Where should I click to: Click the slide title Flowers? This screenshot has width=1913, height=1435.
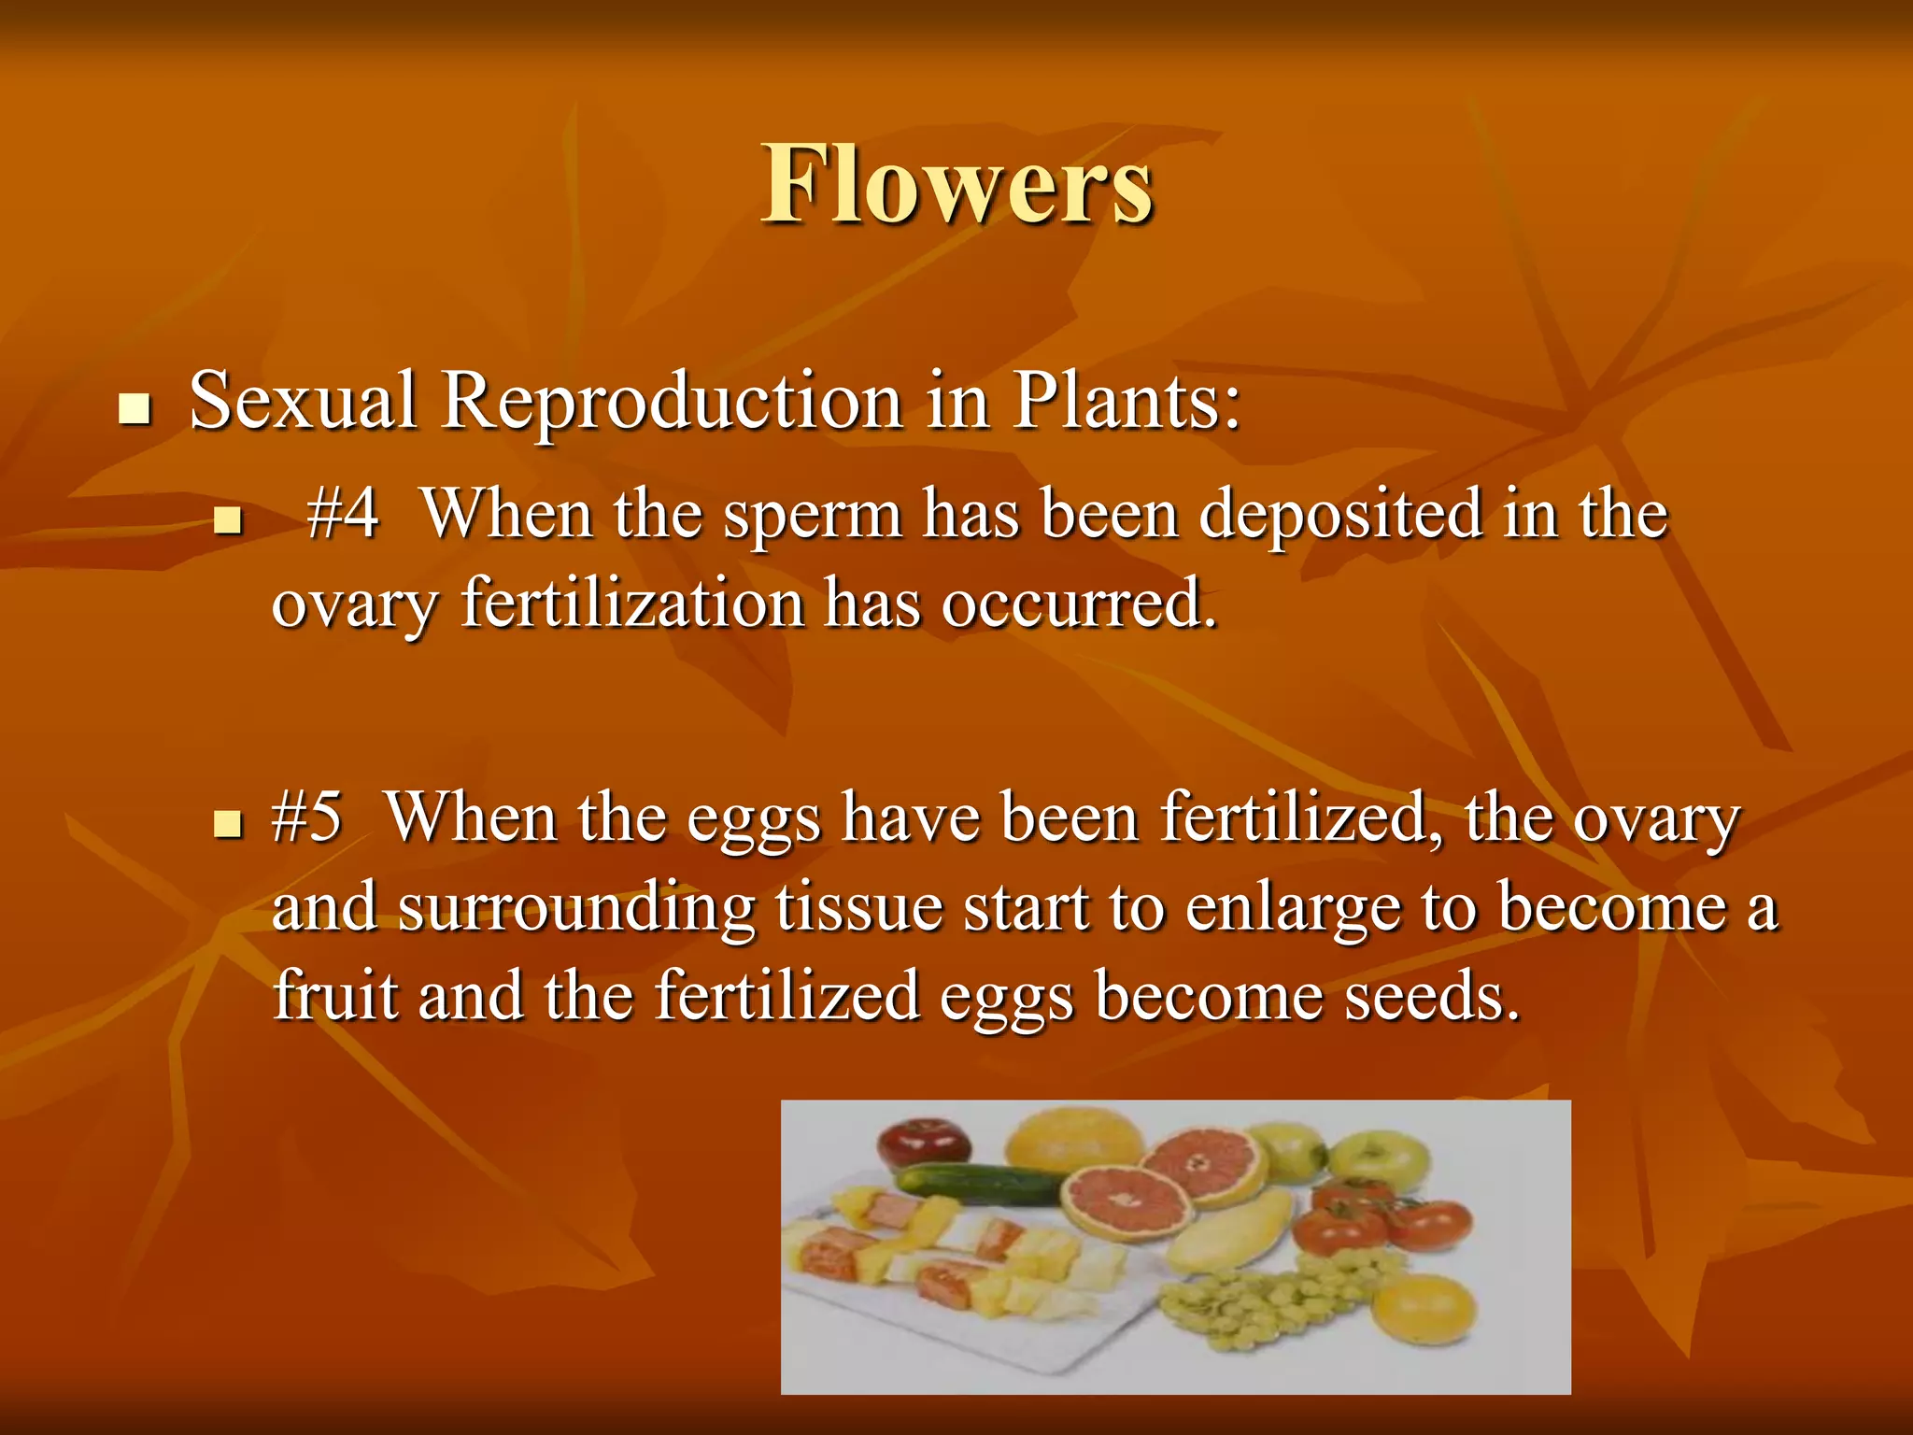point(956,184)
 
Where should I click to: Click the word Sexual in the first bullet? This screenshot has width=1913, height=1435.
point(302,402)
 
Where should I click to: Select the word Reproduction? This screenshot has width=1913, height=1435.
point(672,402)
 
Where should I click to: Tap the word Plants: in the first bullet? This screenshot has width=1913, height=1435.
point(1127,402)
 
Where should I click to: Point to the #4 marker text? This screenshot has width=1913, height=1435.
point(342,514)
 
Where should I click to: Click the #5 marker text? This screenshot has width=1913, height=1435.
point(306,817)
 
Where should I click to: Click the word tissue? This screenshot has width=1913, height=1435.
point(858,906)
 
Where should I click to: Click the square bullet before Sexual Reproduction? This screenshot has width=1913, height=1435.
point(135,409)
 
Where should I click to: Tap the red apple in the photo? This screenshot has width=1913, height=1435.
point(923,1142)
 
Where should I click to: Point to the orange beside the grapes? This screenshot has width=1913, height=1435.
point(1425,1308)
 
